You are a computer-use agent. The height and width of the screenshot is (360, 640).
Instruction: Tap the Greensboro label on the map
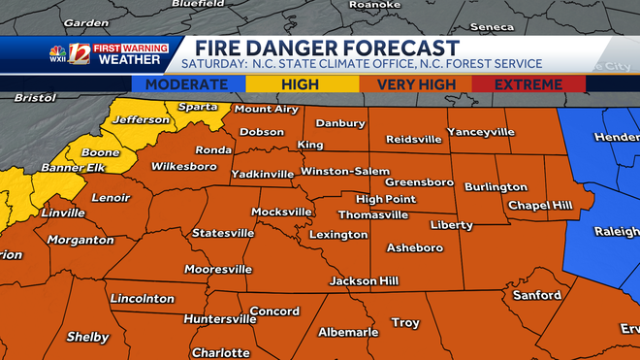click(x=420, y=181)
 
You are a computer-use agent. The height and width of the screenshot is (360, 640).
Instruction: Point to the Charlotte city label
click(x=220, y=352)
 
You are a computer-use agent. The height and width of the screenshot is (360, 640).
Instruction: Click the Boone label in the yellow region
click(x=100, y=152)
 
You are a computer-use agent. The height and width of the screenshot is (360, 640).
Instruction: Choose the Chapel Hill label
click(x=541, y=206)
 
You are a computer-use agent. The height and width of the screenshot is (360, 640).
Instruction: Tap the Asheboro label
click(x=414, y=247)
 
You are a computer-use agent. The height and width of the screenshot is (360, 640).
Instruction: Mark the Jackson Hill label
click(x=365, y=280)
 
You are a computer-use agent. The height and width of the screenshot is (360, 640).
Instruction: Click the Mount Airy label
click(x=267, y=109)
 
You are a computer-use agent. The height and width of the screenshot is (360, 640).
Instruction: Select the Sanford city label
click(x=536, y=295)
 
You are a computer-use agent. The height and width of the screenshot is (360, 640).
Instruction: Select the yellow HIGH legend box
click(x=300, y=84)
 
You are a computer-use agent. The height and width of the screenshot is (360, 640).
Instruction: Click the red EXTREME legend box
click(x=528, y=84)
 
